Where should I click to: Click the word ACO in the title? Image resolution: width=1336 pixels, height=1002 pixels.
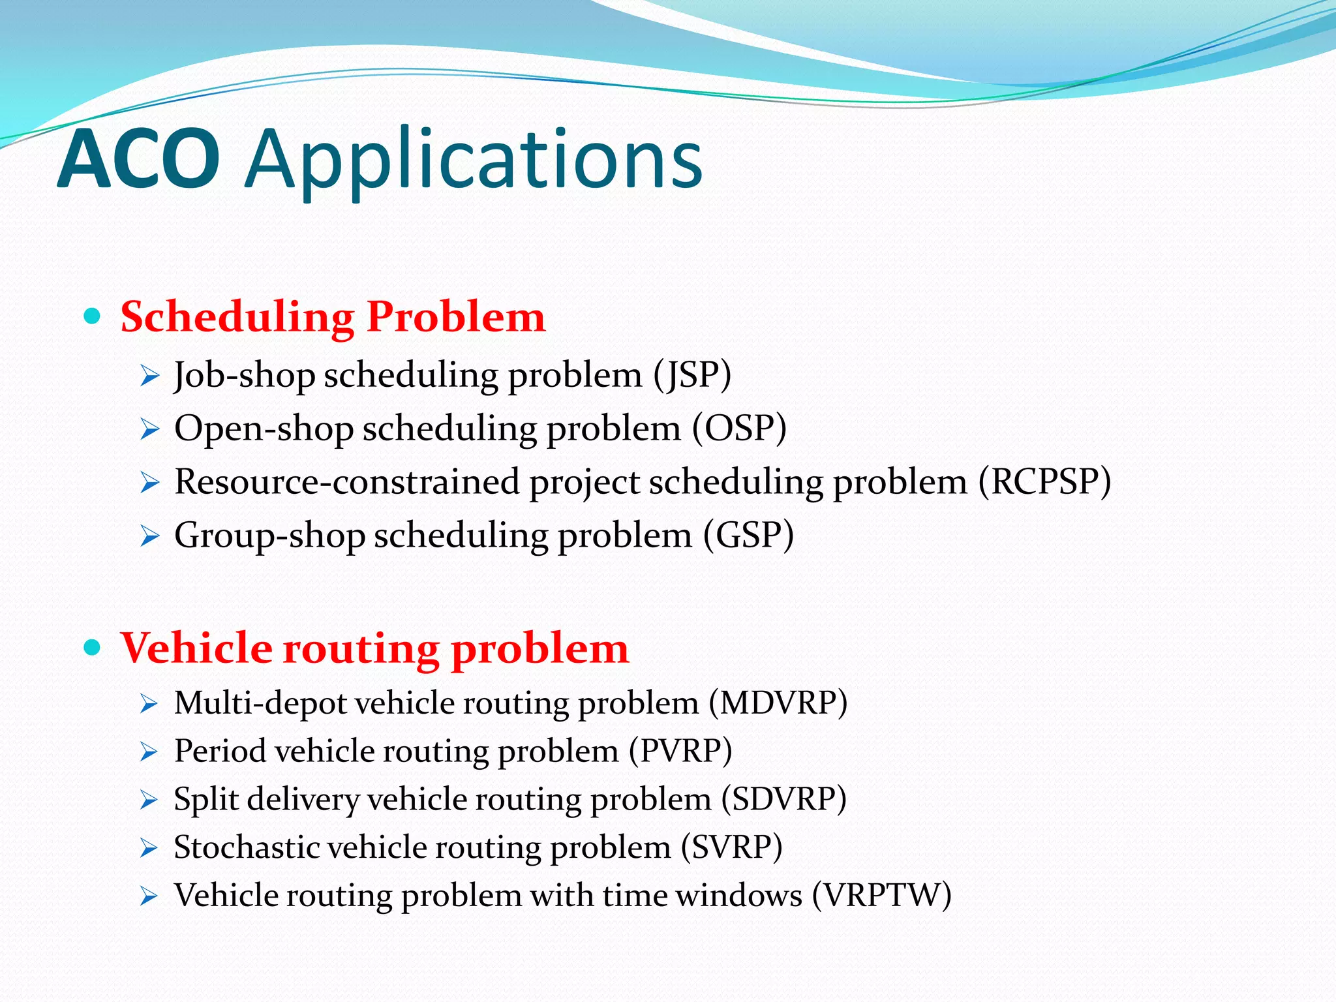[x=138, y=160]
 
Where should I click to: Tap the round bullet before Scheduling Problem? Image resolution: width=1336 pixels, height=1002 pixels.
[x=93, y=317]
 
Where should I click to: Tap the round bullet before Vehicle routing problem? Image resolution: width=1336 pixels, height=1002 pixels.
[x=93, y=648]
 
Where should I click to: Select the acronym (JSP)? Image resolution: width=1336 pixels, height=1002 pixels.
[x=692, y=375]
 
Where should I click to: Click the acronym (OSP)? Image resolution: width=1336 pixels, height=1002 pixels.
[x=739, y=429]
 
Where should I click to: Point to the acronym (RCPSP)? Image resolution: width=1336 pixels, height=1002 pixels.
[x=1044, y=482]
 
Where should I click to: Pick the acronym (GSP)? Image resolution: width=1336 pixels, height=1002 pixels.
[x=748, y=535]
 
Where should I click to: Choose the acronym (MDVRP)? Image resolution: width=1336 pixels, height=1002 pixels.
[x=778, y=703]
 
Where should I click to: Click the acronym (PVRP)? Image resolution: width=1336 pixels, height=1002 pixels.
[x=680, y=751]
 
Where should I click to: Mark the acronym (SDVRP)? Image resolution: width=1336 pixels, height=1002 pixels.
[x=783, y=799]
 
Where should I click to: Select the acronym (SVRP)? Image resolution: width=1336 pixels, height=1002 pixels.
[x=731, y=847]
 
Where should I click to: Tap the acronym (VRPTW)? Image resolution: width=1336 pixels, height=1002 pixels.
[x=881, y=895]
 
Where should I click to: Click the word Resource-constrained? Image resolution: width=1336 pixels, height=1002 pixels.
[x=347, y=482]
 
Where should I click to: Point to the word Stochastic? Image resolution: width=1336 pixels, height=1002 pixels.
[x=247, y=847]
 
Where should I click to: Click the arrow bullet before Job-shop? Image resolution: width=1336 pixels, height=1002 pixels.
[x=149, y=376]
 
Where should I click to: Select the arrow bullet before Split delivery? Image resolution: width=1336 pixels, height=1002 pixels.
[x=149, y=800]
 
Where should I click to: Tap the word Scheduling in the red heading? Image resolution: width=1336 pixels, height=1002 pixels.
[x=237, y=317]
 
